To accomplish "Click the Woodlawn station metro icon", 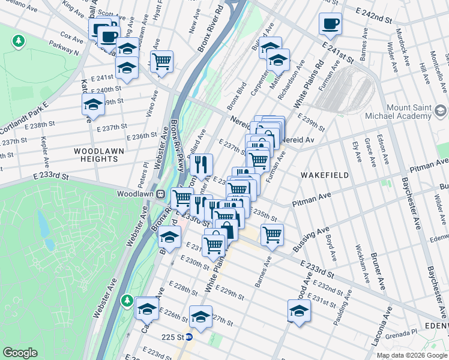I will [x=161, y=194].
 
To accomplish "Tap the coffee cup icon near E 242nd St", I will [x=330, y=25].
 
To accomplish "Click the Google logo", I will [x=20, y=353].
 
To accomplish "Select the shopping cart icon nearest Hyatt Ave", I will [x=161, y=61].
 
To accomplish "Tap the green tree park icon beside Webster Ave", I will [x=127, y=299].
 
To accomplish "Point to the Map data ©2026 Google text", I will [x=411, y=355].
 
